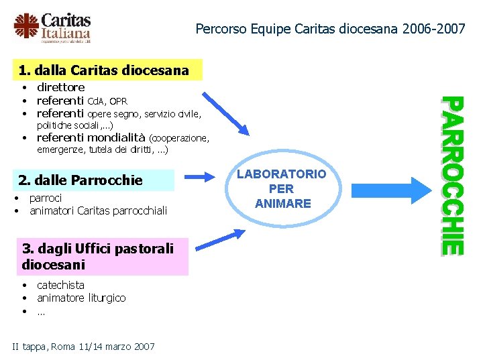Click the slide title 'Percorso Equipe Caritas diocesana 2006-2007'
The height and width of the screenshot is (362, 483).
pos(330,29)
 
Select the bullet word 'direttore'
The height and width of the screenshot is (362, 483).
pos(60,87)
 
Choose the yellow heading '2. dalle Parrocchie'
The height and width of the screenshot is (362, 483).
pos(80,180)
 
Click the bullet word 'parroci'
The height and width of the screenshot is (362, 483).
pos(46,198)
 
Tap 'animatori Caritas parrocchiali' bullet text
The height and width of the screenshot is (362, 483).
pos(98,212)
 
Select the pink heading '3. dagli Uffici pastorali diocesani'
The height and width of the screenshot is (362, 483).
pos(97,257)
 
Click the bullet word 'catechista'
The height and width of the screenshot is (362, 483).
pos(60,285)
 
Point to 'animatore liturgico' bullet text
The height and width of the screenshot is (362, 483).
pos(81,298)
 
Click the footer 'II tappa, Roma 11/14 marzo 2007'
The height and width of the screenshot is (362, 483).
pos(84,347)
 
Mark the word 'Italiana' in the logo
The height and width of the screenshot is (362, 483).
pos(65,33)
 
